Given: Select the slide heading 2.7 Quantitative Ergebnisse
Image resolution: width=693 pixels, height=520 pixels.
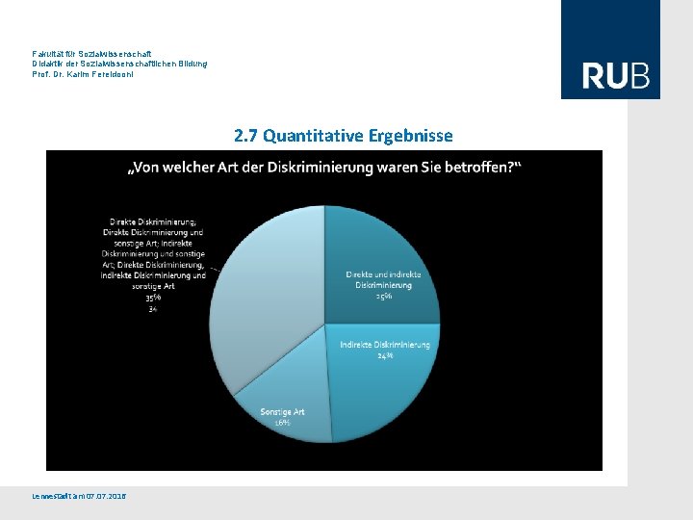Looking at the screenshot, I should click(x=343, y=136).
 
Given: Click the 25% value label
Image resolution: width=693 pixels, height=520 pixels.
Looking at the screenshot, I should click(x=383, y=296).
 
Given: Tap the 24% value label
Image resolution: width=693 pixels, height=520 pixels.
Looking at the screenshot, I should click(x=385, y=355).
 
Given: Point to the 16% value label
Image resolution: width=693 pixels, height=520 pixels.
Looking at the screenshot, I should click(x=282, y=423).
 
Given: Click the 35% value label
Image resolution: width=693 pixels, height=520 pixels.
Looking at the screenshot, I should click(x=153, y=298).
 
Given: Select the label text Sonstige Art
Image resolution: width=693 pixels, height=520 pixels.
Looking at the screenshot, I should click(x=282, y=412).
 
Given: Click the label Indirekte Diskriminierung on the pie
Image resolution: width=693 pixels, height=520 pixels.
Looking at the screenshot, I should click(x=385, y=345).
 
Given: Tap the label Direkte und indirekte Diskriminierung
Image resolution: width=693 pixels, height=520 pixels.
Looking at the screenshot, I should click(x=383, y=279).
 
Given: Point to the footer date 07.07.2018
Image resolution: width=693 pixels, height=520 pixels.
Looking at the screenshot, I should click(x=105, y=496).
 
